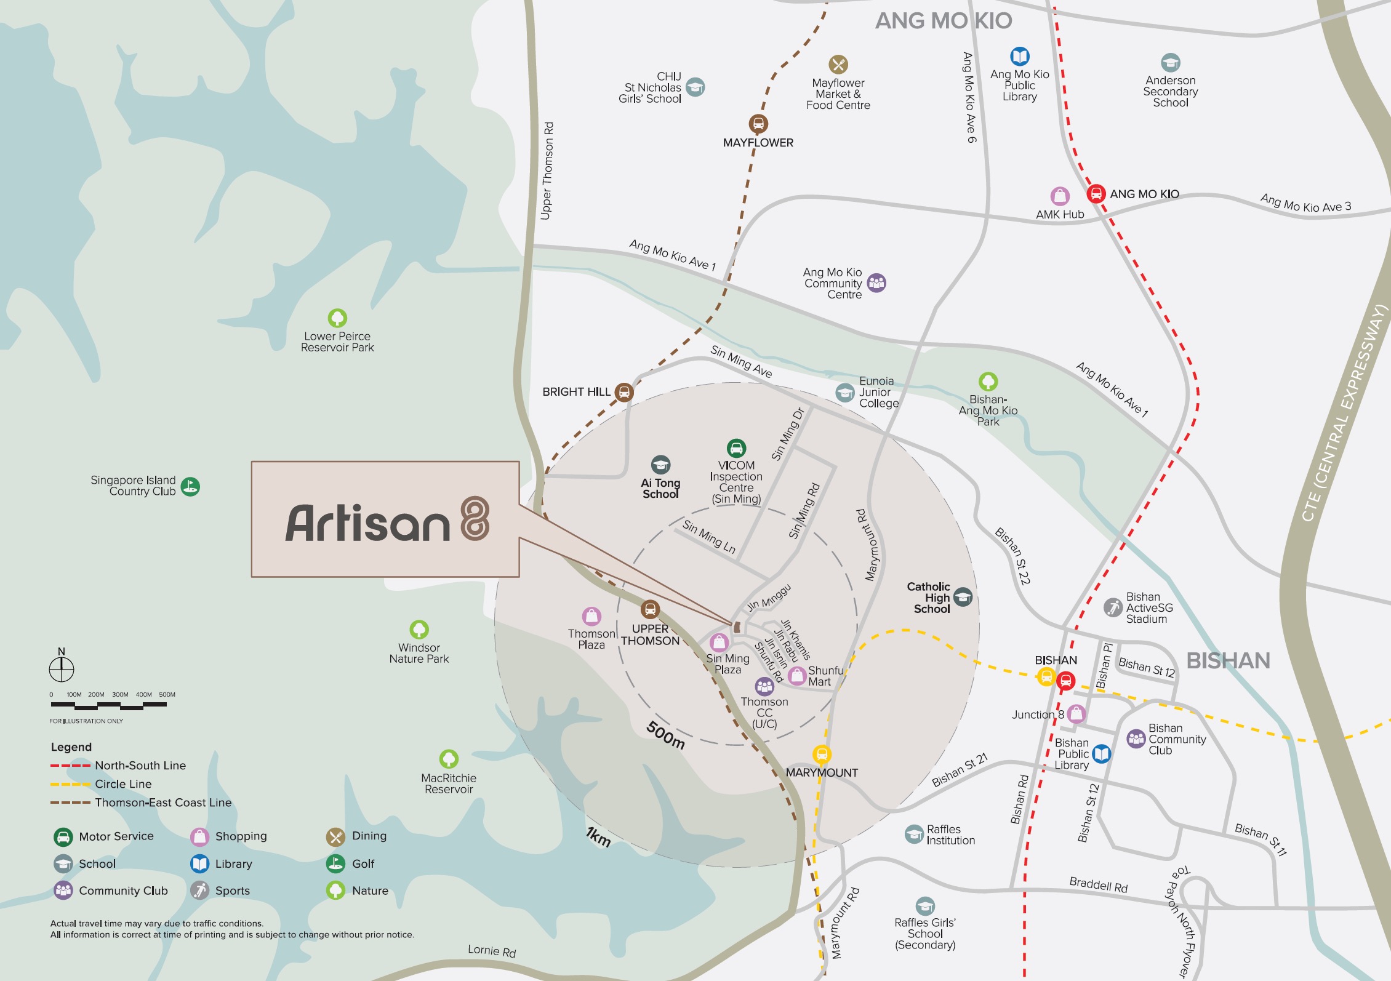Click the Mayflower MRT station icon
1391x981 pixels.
758,124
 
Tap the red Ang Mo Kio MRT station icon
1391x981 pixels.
1096,193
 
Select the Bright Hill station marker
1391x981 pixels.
623,391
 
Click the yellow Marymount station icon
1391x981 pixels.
822,753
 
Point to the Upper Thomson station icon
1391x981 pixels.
650,609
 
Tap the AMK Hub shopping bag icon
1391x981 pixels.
1059,196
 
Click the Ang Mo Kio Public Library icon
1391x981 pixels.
1019,57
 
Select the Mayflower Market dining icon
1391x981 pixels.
838,64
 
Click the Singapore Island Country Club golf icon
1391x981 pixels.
190,486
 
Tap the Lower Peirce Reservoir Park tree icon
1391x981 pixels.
337,318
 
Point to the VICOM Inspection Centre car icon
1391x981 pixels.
736,448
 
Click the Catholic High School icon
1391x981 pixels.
963,596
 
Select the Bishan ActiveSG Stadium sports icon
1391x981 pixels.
1113,607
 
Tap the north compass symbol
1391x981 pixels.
62,668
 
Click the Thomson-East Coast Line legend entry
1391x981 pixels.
162,803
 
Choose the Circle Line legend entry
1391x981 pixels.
122,784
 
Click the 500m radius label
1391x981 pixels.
665,735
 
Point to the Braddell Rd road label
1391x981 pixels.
1098,885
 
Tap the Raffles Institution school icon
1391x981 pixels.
914,834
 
